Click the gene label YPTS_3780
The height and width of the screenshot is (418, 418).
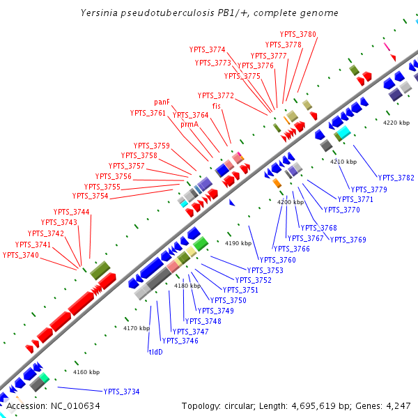[298, 34]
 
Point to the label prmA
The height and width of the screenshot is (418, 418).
[189, 124]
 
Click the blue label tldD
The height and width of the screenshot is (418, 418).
[155, 352]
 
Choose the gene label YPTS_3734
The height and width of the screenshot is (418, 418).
[121, 392]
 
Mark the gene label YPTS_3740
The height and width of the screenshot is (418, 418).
[21, 255]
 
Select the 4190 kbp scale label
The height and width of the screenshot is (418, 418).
[238, 244]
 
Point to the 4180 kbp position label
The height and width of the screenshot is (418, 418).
[187, 286]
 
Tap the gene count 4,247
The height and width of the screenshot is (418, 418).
[395, 405]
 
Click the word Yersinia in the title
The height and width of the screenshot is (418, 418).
[99, 13]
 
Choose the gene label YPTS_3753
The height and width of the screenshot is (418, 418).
[265, 270]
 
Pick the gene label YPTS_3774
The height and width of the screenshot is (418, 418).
[208, 49]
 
